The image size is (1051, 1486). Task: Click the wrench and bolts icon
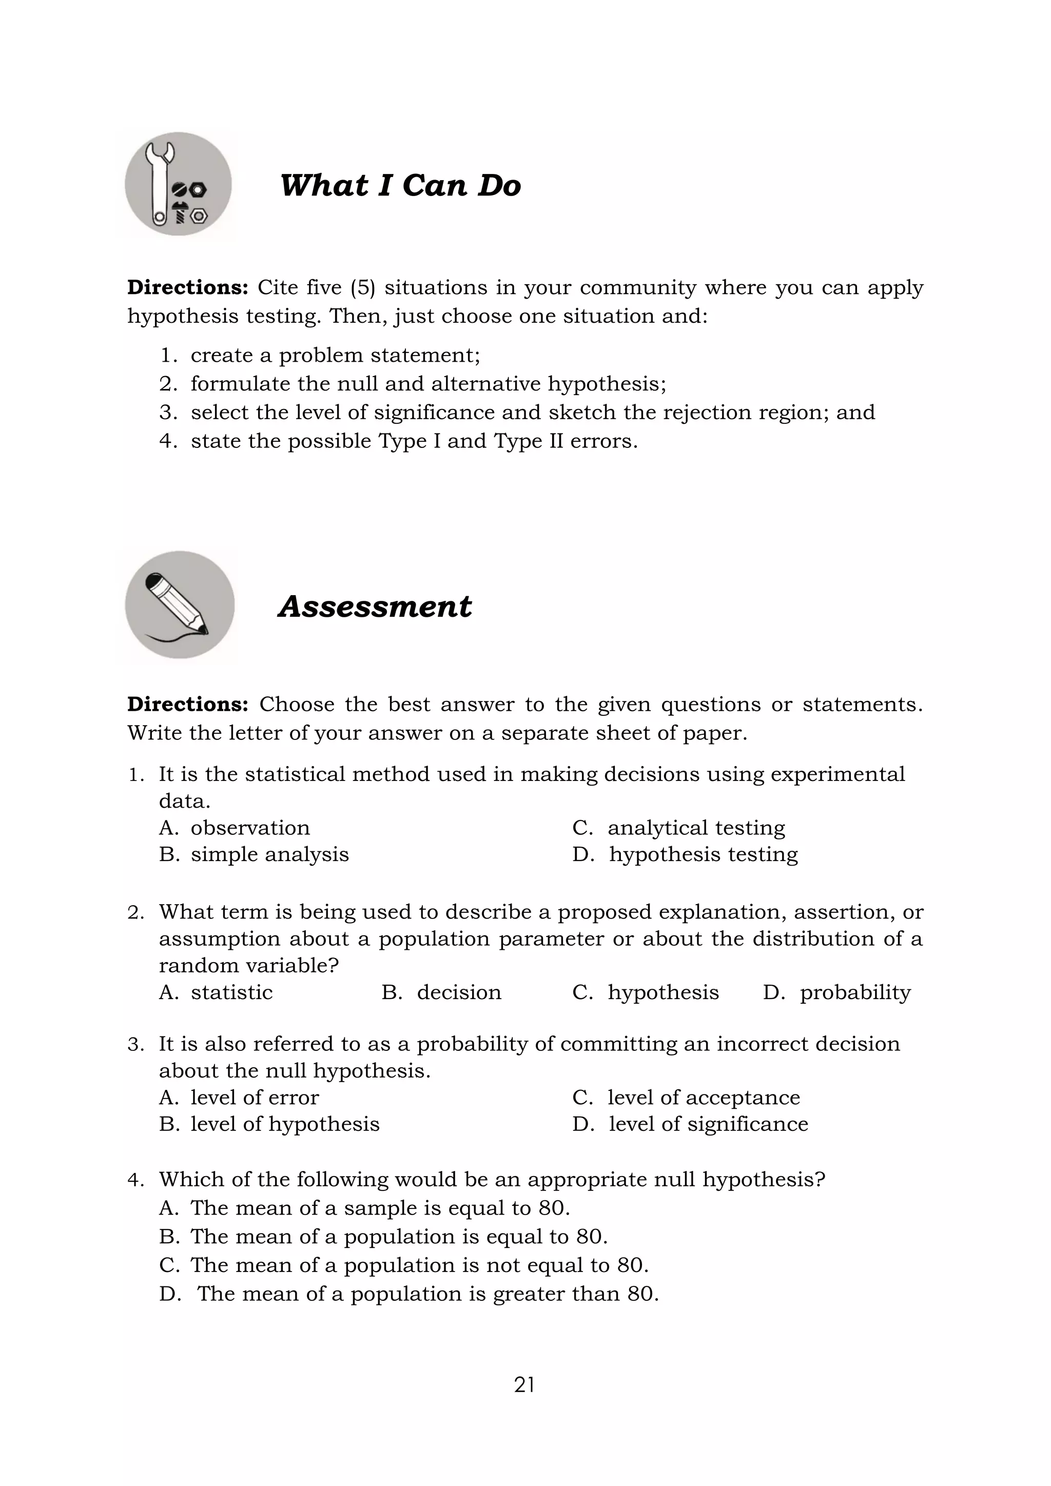[x=178, y=184]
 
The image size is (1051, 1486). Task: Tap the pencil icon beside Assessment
[x=179, y=605]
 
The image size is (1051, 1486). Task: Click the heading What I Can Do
[x=400, y=186]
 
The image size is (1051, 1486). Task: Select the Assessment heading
[x=375, y=607]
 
